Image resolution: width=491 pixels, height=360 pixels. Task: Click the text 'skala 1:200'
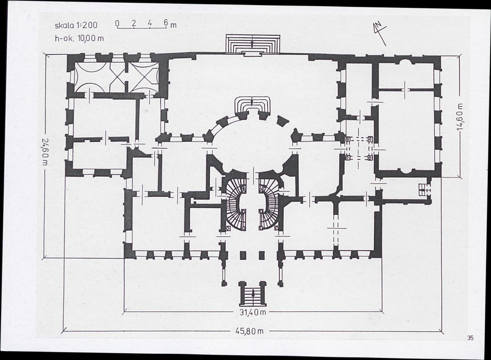coord(76,25)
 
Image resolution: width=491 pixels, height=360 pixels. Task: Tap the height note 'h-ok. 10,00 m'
coord(79,39)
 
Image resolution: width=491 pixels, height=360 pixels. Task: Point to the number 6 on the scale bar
coord(166,23)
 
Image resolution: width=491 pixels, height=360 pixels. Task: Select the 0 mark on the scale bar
coord(117,23)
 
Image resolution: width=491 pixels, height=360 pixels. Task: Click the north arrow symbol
coord(380,33)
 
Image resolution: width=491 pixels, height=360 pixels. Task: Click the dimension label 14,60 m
coord(460,116)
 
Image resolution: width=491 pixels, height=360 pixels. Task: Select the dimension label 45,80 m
coord(249,331)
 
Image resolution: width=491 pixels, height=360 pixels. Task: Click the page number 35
coord(471,338)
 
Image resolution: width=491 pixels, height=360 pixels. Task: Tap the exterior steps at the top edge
coord(252,45)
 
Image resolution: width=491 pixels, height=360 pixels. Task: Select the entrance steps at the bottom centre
coord(252,294)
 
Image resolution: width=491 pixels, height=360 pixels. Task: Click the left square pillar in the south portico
coord(243,255)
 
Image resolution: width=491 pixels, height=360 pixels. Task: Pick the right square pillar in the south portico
coord(262,255)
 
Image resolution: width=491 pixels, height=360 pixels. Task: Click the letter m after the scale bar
coord(173,25)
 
